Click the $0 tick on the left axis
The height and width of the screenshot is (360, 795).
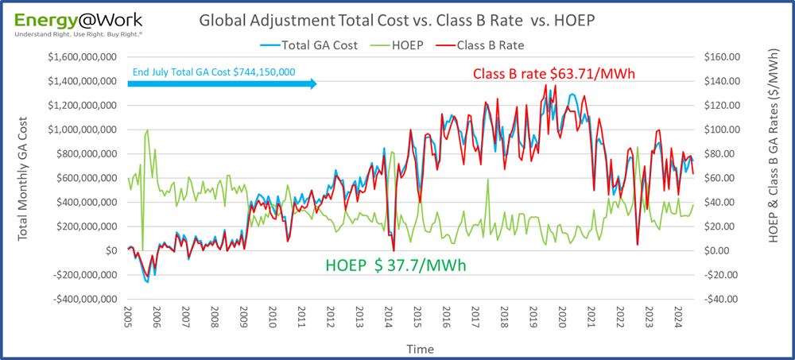pyautogui.click(x=111, y=251)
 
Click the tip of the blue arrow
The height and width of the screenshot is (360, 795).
pyautogui.click(x=316, y=83)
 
